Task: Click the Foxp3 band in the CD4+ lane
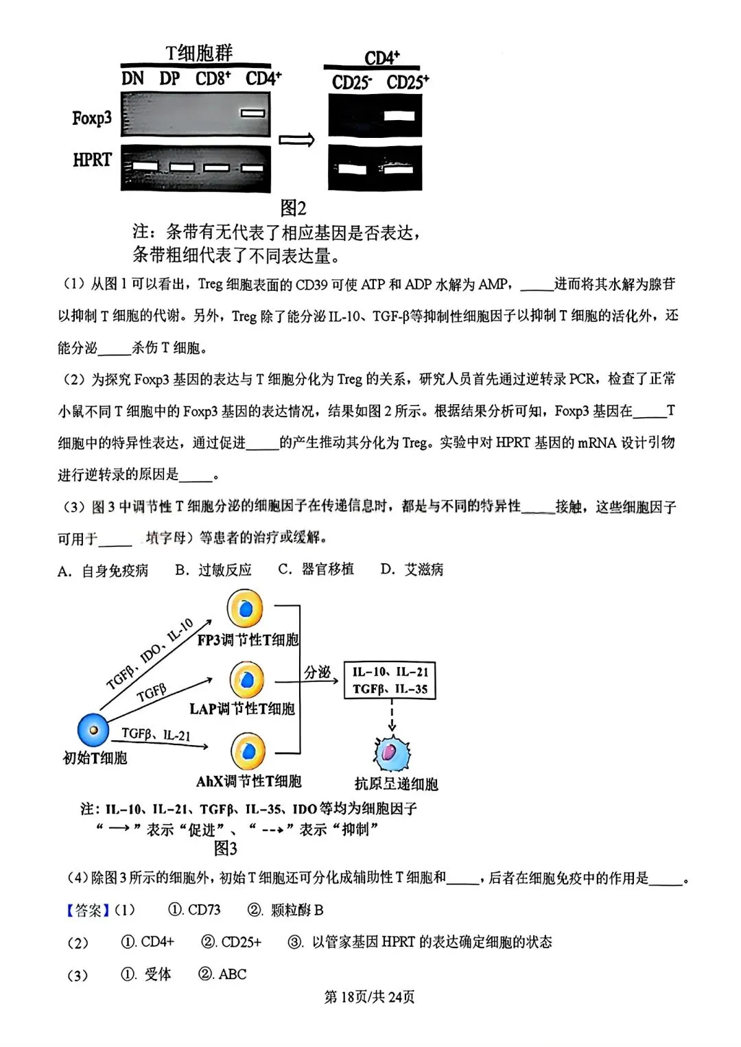[x=252, y=113]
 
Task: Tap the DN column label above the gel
[x=132, y=79]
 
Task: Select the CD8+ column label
[x=213, y=79]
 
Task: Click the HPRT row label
[x=92, y=161]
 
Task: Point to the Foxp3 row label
[x=91, y=118]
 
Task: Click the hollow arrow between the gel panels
[x=296, y=140]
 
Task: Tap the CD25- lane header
[x=352, y=83]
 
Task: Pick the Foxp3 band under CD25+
[x=399, y=115]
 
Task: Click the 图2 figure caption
[x=293, y=207]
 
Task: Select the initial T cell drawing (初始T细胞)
[x=93, y=729]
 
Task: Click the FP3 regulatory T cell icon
[x=246, y=609]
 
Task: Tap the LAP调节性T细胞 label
[x=242, y=709]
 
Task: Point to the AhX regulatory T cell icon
[x=248, y=751]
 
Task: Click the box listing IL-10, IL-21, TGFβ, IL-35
[x=390, y=681]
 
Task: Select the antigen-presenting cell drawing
[x=392, y=753]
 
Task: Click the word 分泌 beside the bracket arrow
[x=317, y=672]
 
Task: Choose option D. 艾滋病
[x=412, y=569]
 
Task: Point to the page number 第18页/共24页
[x=369, y=997]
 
